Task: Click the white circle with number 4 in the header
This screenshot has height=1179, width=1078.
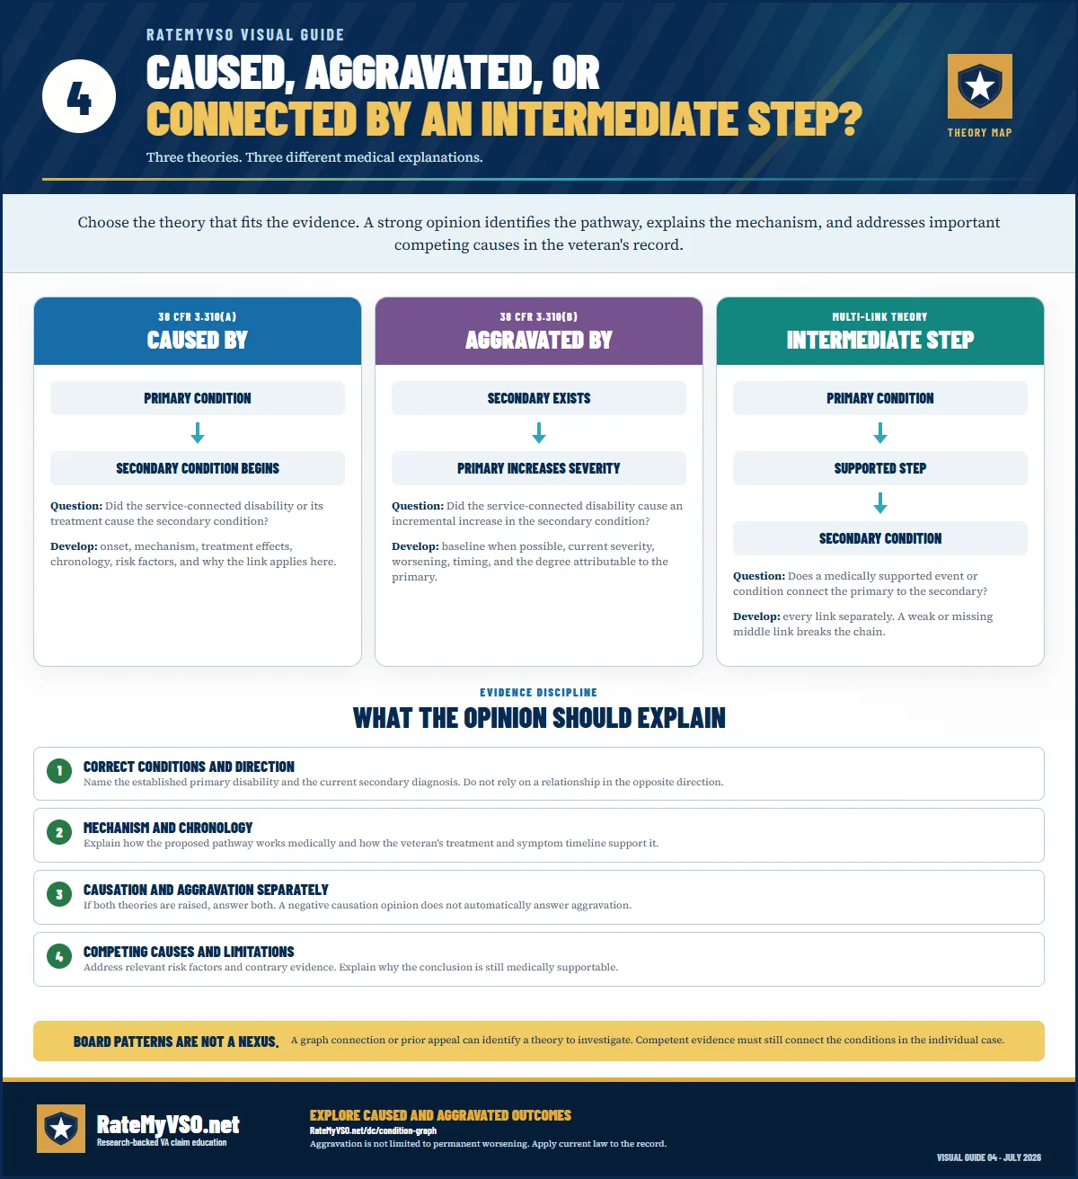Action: point(79,96)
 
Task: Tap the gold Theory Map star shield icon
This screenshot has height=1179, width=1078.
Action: point(979,85)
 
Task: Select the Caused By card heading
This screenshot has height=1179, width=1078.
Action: point(198,340)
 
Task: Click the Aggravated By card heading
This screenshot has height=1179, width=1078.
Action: point(538,340)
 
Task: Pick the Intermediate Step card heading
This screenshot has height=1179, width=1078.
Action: point(879,340)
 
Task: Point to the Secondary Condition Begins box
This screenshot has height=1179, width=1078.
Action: point(198,468)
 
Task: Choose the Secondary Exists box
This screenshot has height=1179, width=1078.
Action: point(538,398)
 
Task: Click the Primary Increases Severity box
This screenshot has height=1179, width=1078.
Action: point(538,468)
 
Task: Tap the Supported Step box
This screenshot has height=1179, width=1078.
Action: point(879,468)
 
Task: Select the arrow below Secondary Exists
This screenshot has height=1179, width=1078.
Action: point(538,432)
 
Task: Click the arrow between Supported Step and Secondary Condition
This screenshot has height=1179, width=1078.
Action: point(879,503)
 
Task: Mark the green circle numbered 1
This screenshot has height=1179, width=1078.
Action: point(59,770)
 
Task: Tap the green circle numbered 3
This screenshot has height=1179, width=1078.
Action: point(59,894)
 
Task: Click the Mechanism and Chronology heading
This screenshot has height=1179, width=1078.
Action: point(167,828)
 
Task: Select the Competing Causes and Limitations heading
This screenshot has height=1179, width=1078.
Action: point(189,952)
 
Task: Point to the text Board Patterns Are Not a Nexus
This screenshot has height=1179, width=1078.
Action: point(176,1042)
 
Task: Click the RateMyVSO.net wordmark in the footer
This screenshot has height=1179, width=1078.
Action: point(168,1124)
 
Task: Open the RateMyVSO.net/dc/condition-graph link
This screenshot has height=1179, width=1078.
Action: point(373,1130)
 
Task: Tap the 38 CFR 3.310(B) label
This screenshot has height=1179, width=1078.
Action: point(538,317)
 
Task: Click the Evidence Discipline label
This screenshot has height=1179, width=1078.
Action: point(538,692)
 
